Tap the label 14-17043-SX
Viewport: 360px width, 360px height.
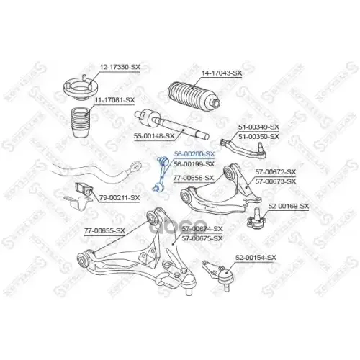pos(221,73)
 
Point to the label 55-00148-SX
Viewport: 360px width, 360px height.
pos(153,135)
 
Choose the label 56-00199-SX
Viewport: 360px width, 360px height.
pos(194,164)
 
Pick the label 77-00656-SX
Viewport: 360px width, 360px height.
pos(192,177)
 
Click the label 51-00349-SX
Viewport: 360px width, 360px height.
pos(259,127)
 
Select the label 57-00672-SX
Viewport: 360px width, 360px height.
pos(275,172)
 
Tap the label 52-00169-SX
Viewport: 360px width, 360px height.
pos(289,206)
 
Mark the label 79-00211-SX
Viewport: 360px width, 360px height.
pos(119,197)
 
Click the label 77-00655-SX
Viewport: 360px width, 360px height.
pos(104,230)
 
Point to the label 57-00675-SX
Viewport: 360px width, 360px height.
pos(202,238)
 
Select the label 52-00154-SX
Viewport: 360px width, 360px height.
pos(256,257)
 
